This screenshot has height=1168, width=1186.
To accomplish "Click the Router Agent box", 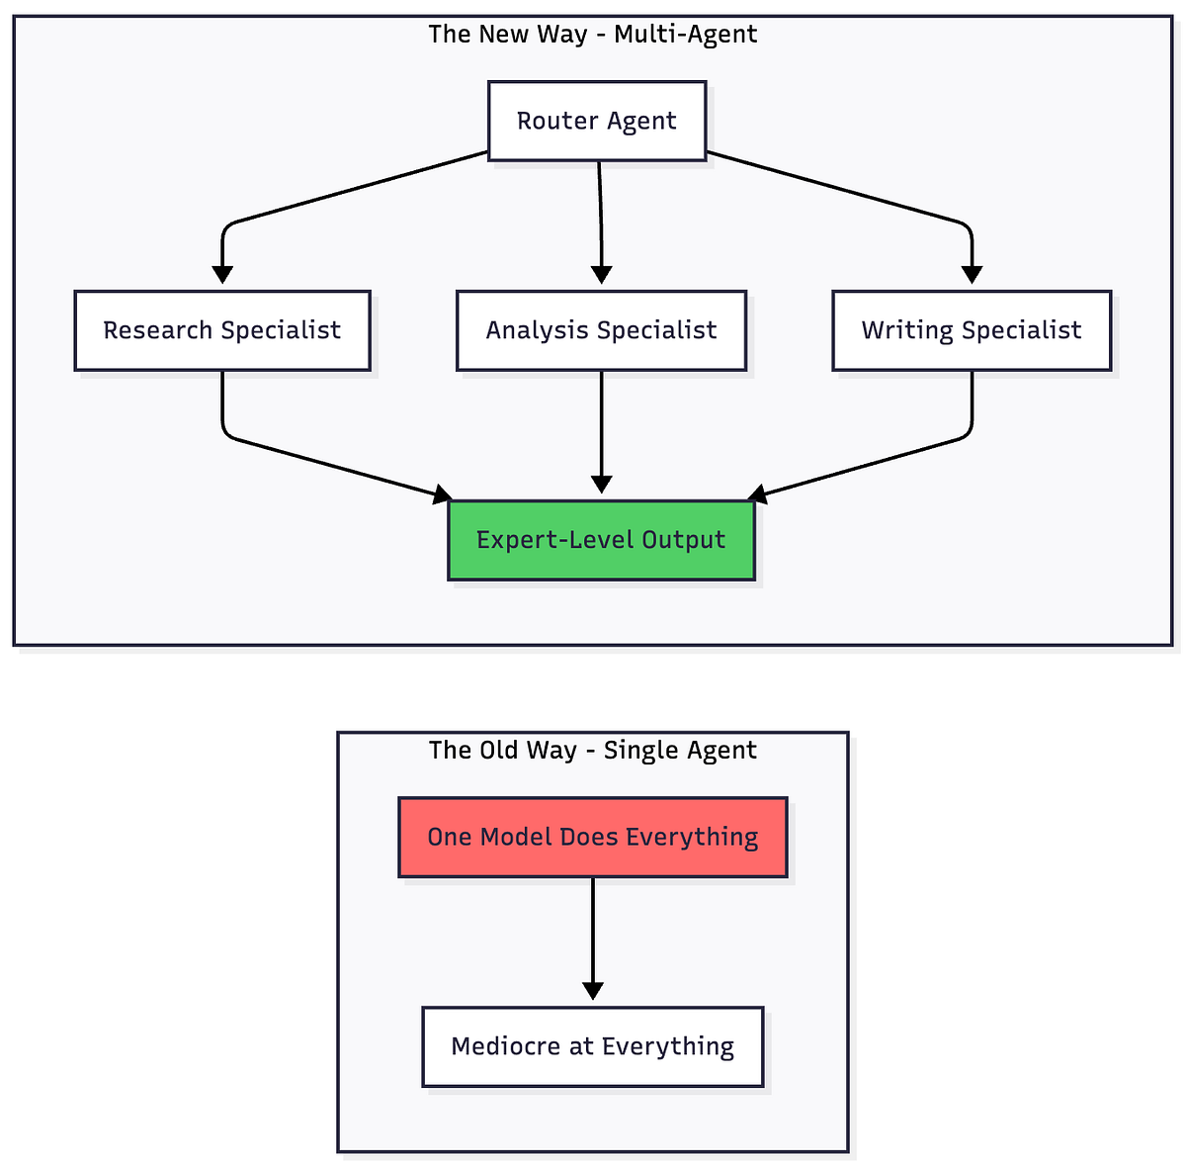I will pos(597,121).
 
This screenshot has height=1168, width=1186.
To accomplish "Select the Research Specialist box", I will pos(222,330).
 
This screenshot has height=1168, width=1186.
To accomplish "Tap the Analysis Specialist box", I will pos(601,330).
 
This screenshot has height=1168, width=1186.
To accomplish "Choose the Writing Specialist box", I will pos(972,330).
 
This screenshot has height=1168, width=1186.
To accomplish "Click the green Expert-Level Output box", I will pos(601,540).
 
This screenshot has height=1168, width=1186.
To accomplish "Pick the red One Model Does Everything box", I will pos(593,837).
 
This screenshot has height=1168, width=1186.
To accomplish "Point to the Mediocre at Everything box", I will pos(593,1046).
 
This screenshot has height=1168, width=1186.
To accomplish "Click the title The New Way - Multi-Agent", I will pos(593,35).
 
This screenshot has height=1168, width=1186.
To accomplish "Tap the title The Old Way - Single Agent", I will pos(593,751).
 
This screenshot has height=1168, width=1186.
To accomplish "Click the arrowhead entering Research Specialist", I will pos(223,275).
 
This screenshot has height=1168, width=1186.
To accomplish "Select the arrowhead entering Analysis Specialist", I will pos(602,275).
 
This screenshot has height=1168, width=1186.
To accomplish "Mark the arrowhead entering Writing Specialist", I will pos(973,275).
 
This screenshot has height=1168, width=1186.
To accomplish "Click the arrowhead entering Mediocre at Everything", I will pos(593,991).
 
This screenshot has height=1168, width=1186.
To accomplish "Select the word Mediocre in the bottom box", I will pos(506,1046).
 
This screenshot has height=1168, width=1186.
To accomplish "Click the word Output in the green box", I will pos(684,540).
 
